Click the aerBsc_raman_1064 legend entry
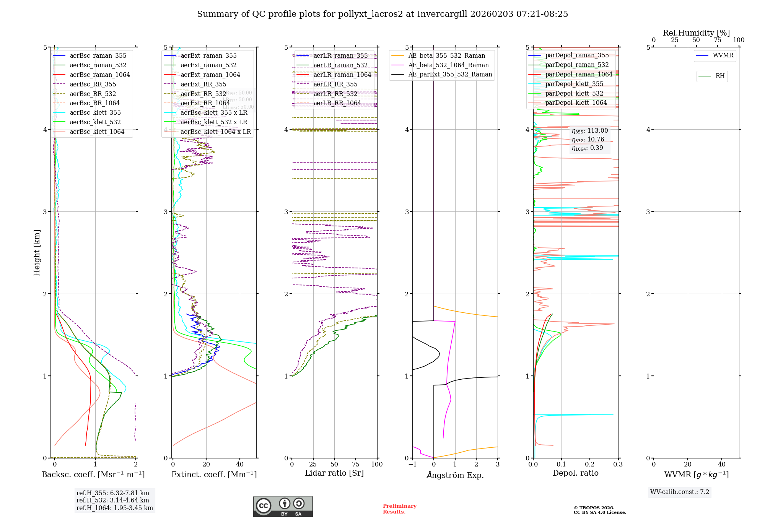[x=99, y=75]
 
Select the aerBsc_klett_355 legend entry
[x=95, y=113]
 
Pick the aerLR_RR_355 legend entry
[x=335, y=84]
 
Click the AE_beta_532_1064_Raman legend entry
[x=448, y=65]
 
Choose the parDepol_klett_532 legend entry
[x=574, y=94]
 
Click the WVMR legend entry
[x=723, y=55]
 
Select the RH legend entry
[x=719, y=76]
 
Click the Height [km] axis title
[x=37, y=253]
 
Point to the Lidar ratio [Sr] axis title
[x=334, y=473]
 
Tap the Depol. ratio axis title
[x=575, y=473]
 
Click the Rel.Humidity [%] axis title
[x=696, y=33]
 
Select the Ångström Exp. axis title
[x=455, y=475]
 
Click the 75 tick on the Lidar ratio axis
[x=356, y=465]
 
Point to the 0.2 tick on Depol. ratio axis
[x=589, y=465]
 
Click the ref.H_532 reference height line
[x=112, y=500]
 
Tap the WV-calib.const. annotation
[x=679, y=492]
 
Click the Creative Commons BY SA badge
[x=283, y=507]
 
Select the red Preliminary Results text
[x=399, y=509]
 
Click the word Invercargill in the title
[x=442, y=14]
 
